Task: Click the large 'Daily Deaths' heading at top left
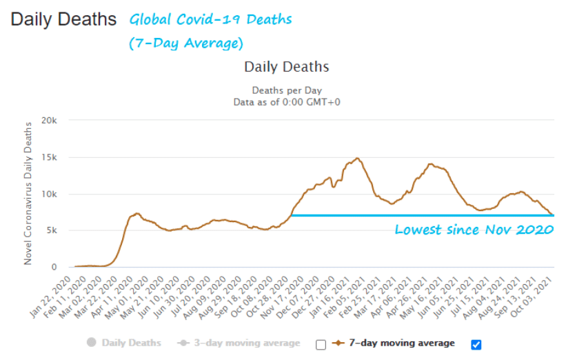click(x=63, y=19)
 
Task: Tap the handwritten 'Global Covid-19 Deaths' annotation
click(x=211, y=19)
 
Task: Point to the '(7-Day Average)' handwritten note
click(x=186, y=43)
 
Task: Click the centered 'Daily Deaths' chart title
click(x=286, y=67)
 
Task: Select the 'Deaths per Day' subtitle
click(x=286, y=90)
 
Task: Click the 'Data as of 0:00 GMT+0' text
click(x=286, y=102)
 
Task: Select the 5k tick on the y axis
click(x=52, y=230)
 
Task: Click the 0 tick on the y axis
click(x=56, y=267)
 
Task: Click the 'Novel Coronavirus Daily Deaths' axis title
click(x=28, y=192)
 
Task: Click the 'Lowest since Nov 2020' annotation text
click(x=474, y=230)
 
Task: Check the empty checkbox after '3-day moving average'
click(x=321, y=344)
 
